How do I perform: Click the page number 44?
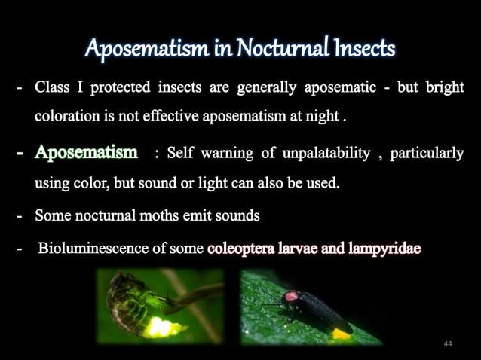(448, 343)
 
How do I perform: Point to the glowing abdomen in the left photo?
(164, 326)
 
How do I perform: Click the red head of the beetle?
(290, 297)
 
